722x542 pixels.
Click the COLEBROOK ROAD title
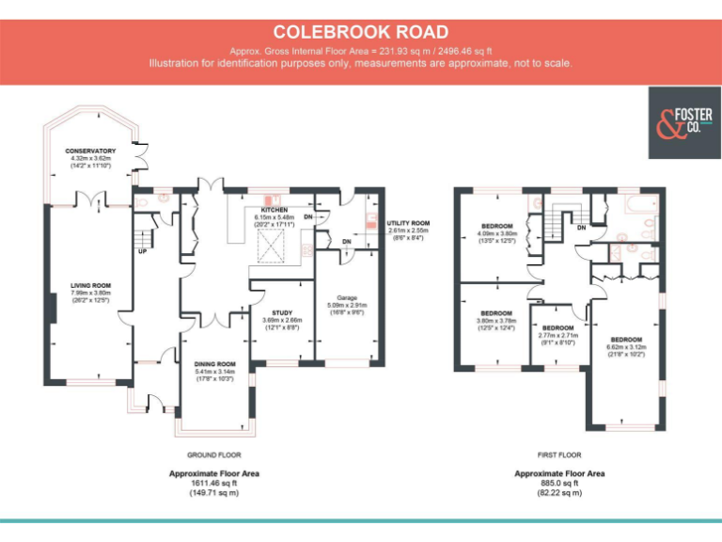(361, 33)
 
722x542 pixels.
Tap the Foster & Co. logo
(683, 123)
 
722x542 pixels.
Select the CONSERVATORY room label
(90, 151)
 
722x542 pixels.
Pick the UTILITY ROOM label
(408, 223)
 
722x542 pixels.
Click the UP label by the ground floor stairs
(142, 251)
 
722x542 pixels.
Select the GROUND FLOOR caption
(213, 454)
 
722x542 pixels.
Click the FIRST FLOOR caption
(559, 454)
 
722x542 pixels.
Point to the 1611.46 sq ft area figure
(213, 483)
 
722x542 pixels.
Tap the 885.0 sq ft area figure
(559, 483)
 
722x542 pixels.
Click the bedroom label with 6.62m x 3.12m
(626, 339)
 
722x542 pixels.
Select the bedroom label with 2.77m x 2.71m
(557, 328)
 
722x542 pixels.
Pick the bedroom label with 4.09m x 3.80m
(496, 226)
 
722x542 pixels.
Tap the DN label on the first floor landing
(582, 228)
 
